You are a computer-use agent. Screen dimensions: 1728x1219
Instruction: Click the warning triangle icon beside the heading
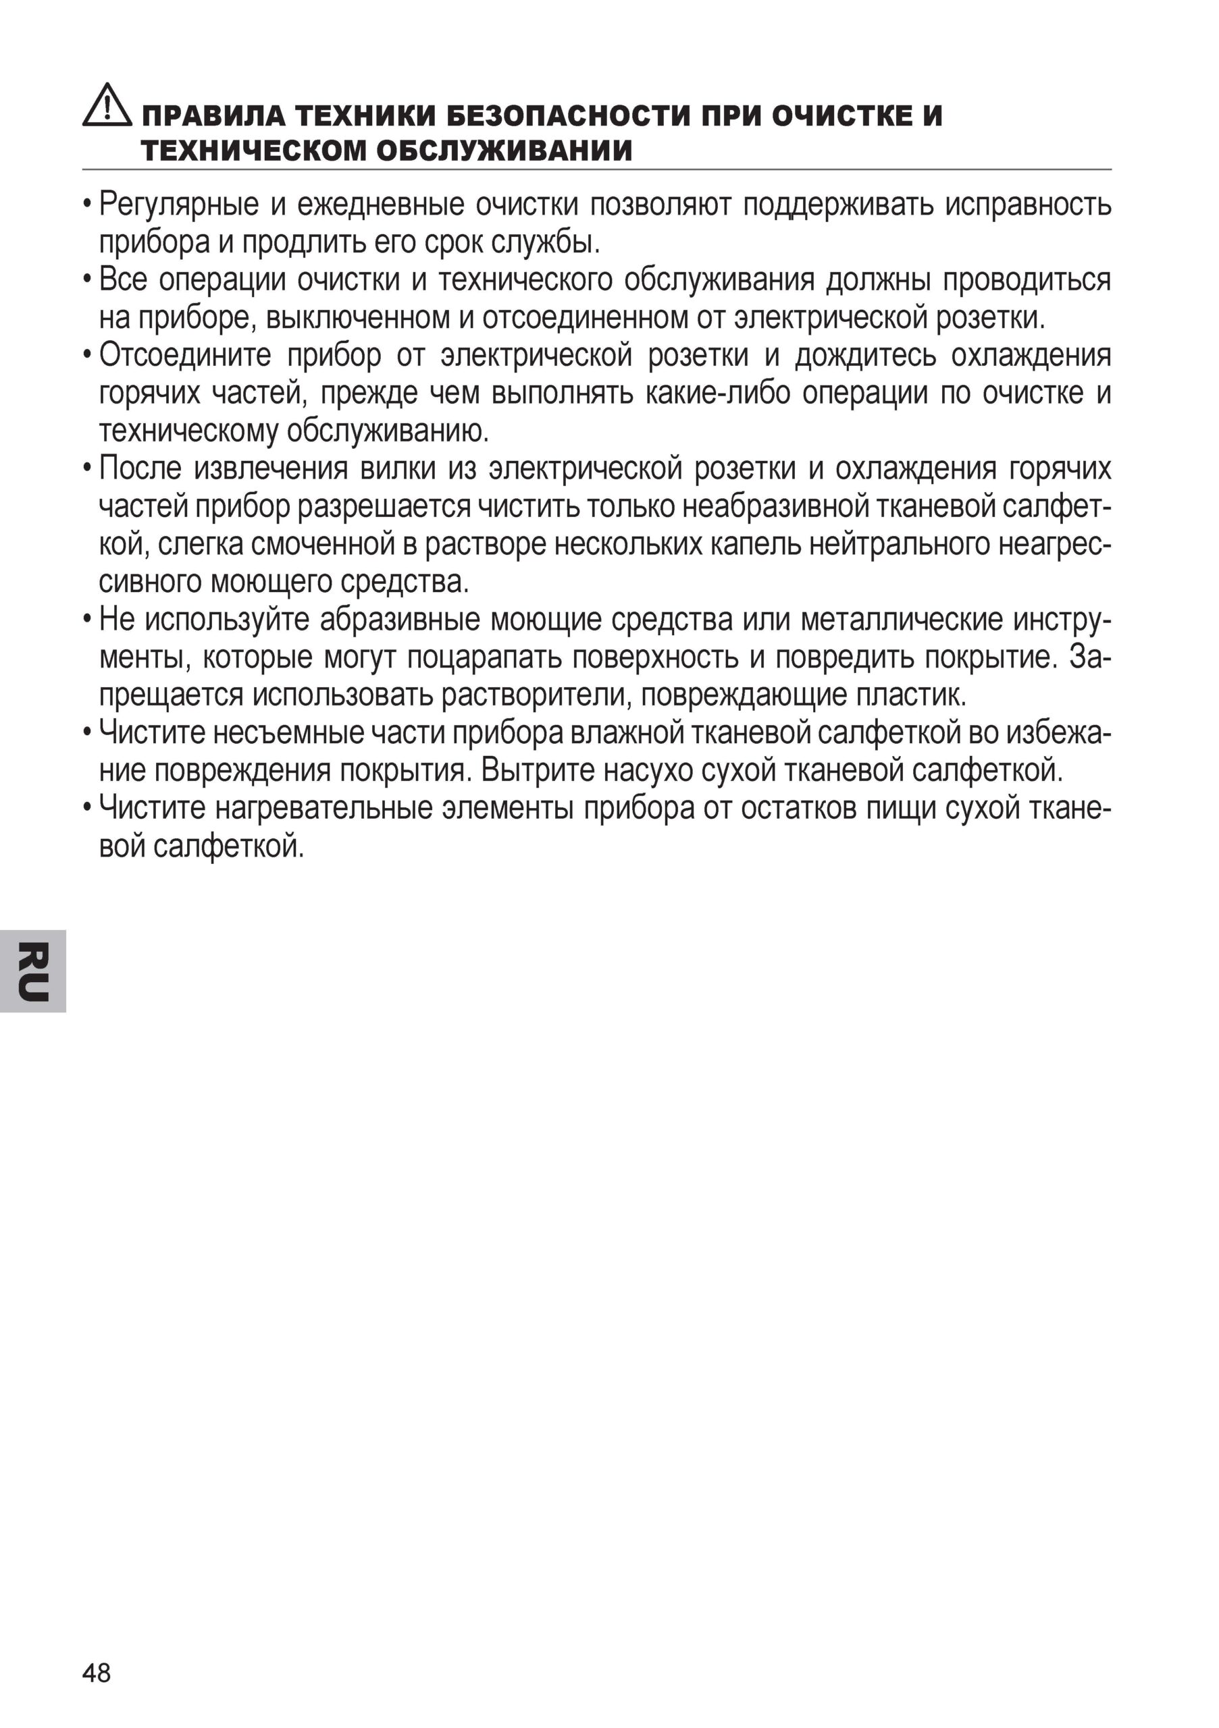[x=107, y=106]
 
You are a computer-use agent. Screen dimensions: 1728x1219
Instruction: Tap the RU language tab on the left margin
[x=33, y=971]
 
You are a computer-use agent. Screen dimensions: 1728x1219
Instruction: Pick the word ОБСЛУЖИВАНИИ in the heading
[x=504, y=151]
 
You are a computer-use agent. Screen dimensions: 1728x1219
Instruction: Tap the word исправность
[x=1029, y=205]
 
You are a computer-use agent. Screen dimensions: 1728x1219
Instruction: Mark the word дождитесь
[x=866, y=355]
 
